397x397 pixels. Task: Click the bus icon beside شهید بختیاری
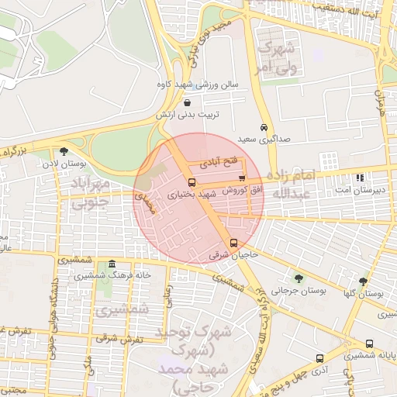point(192,182)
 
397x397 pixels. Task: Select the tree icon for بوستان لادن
point(64,151)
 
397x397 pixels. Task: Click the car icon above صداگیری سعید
point(264,127)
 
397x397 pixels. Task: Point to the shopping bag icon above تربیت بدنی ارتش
point(188,102)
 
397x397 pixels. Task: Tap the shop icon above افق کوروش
point(242,178)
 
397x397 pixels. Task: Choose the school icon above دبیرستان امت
point(360,178)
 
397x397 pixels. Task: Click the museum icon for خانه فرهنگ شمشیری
point(112,264)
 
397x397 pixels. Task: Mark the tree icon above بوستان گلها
point(363,281)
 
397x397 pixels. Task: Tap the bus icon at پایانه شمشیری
point(368,343)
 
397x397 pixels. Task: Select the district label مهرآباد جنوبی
point(94,193)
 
